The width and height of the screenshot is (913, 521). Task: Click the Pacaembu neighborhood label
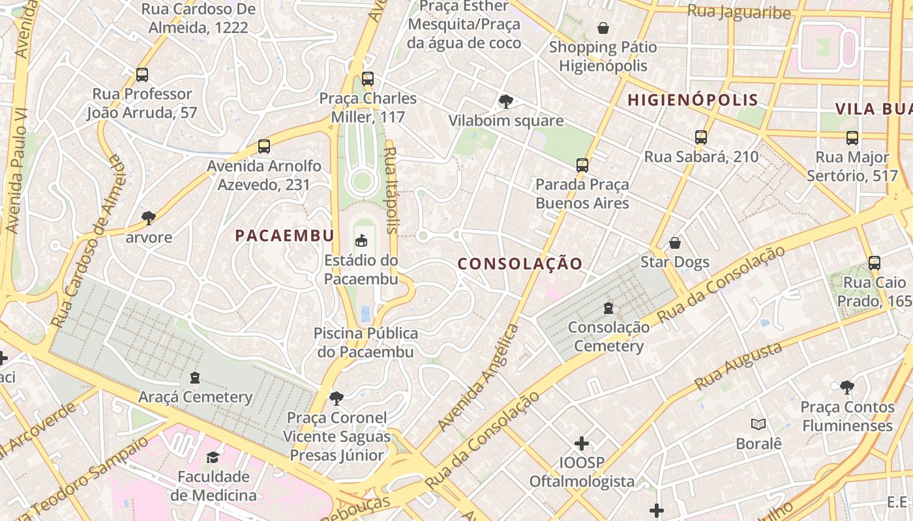click(284, 236)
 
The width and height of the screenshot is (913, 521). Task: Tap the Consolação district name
click(520, 264)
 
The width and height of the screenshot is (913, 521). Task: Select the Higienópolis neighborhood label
click(693, 100)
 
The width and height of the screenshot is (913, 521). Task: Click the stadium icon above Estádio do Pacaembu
click(361, 241)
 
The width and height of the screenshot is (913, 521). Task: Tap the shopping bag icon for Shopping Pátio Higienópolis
click(603, 28)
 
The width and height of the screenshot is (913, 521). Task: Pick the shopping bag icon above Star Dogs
click(675, 243)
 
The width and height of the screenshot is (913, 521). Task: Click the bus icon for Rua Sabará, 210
click(701, 137)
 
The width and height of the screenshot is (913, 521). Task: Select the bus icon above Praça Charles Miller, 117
click(368, 79)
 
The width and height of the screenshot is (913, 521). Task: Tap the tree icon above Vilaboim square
click(505, 101)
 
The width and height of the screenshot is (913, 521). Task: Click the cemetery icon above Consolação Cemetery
click(608, 307)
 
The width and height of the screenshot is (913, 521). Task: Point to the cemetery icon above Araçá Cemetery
click(194, 377)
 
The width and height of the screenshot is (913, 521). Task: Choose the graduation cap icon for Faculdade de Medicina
click(213, 457)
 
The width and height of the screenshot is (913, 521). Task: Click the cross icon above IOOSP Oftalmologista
click(582, 444)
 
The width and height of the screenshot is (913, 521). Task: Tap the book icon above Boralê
click(758, 425)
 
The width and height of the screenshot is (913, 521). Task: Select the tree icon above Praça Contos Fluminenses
click(847, 387)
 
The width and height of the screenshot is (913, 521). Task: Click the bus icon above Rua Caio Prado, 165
click(875, 263)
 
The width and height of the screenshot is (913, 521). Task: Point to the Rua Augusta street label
click(738, 366)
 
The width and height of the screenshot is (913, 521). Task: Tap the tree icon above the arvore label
click(149, 218)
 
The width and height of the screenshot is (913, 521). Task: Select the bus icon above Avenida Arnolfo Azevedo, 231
click(264, 147)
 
